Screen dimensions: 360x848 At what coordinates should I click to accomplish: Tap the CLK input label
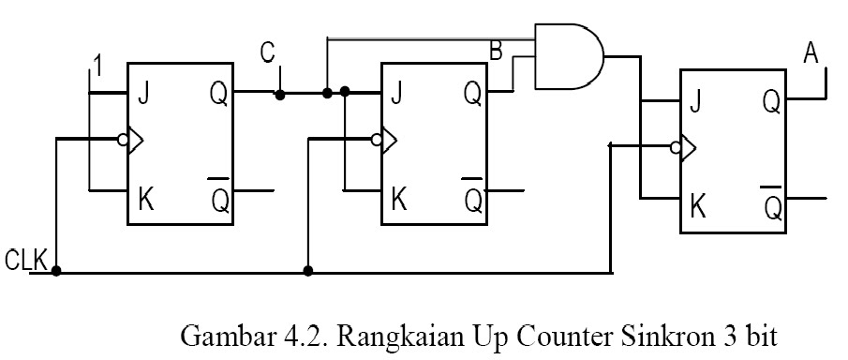(x=26, y=260)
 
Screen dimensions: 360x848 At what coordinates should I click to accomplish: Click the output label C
(x=269, y=53)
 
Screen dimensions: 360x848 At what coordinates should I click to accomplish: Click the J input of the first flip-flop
(x=144, y=94)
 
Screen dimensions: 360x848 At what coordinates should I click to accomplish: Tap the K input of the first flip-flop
(x=145, y=197)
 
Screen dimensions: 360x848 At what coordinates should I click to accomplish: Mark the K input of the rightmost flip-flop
(x=696, y=205)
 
